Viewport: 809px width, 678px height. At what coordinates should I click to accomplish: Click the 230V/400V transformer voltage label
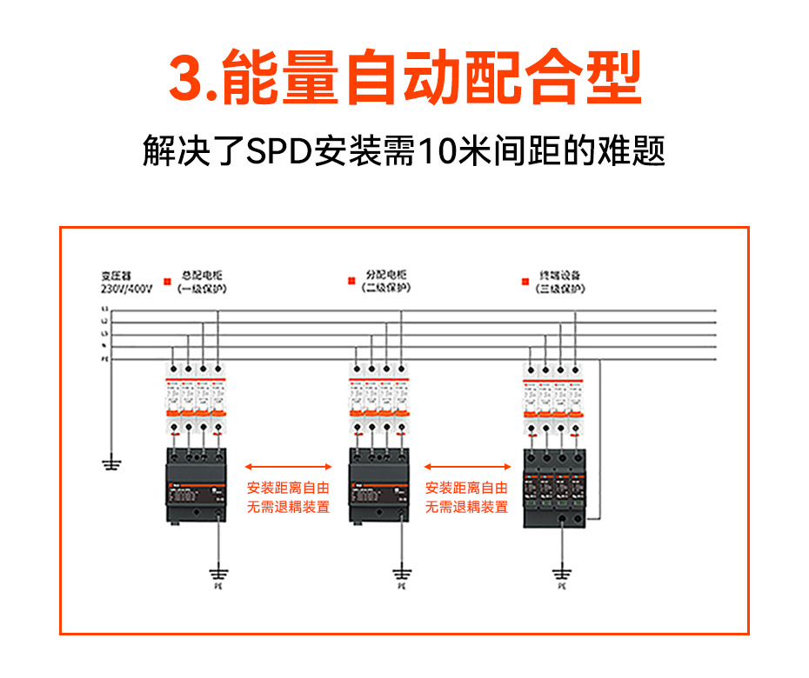point(127,288)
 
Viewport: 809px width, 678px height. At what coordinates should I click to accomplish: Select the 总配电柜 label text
point(202,275)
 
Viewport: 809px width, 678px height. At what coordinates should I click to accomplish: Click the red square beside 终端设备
point(525,281)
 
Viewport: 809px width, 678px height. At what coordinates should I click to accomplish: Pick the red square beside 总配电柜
point(166,281)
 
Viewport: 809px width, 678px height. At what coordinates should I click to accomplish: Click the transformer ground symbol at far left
point(111,463)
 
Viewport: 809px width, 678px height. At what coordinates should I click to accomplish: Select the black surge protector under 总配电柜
point(196,486)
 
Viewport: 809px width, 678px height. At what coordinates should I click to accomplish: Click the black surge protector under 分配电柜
point(378,486)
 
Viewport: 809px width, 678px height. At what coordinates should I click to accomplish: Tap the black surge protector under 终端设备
point(554,489)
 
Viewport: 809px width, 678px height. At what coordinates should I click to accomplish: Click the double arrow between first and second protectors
point(289,467)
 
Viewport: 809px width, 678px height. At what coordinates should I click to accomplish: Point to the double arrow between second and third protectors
point(466,467)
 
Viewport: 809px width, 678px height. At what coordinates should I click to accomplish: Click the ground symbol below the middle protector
point(401,573)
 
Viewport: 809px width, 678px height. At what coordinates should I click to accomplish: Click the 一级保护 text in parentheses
point(202,288)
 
